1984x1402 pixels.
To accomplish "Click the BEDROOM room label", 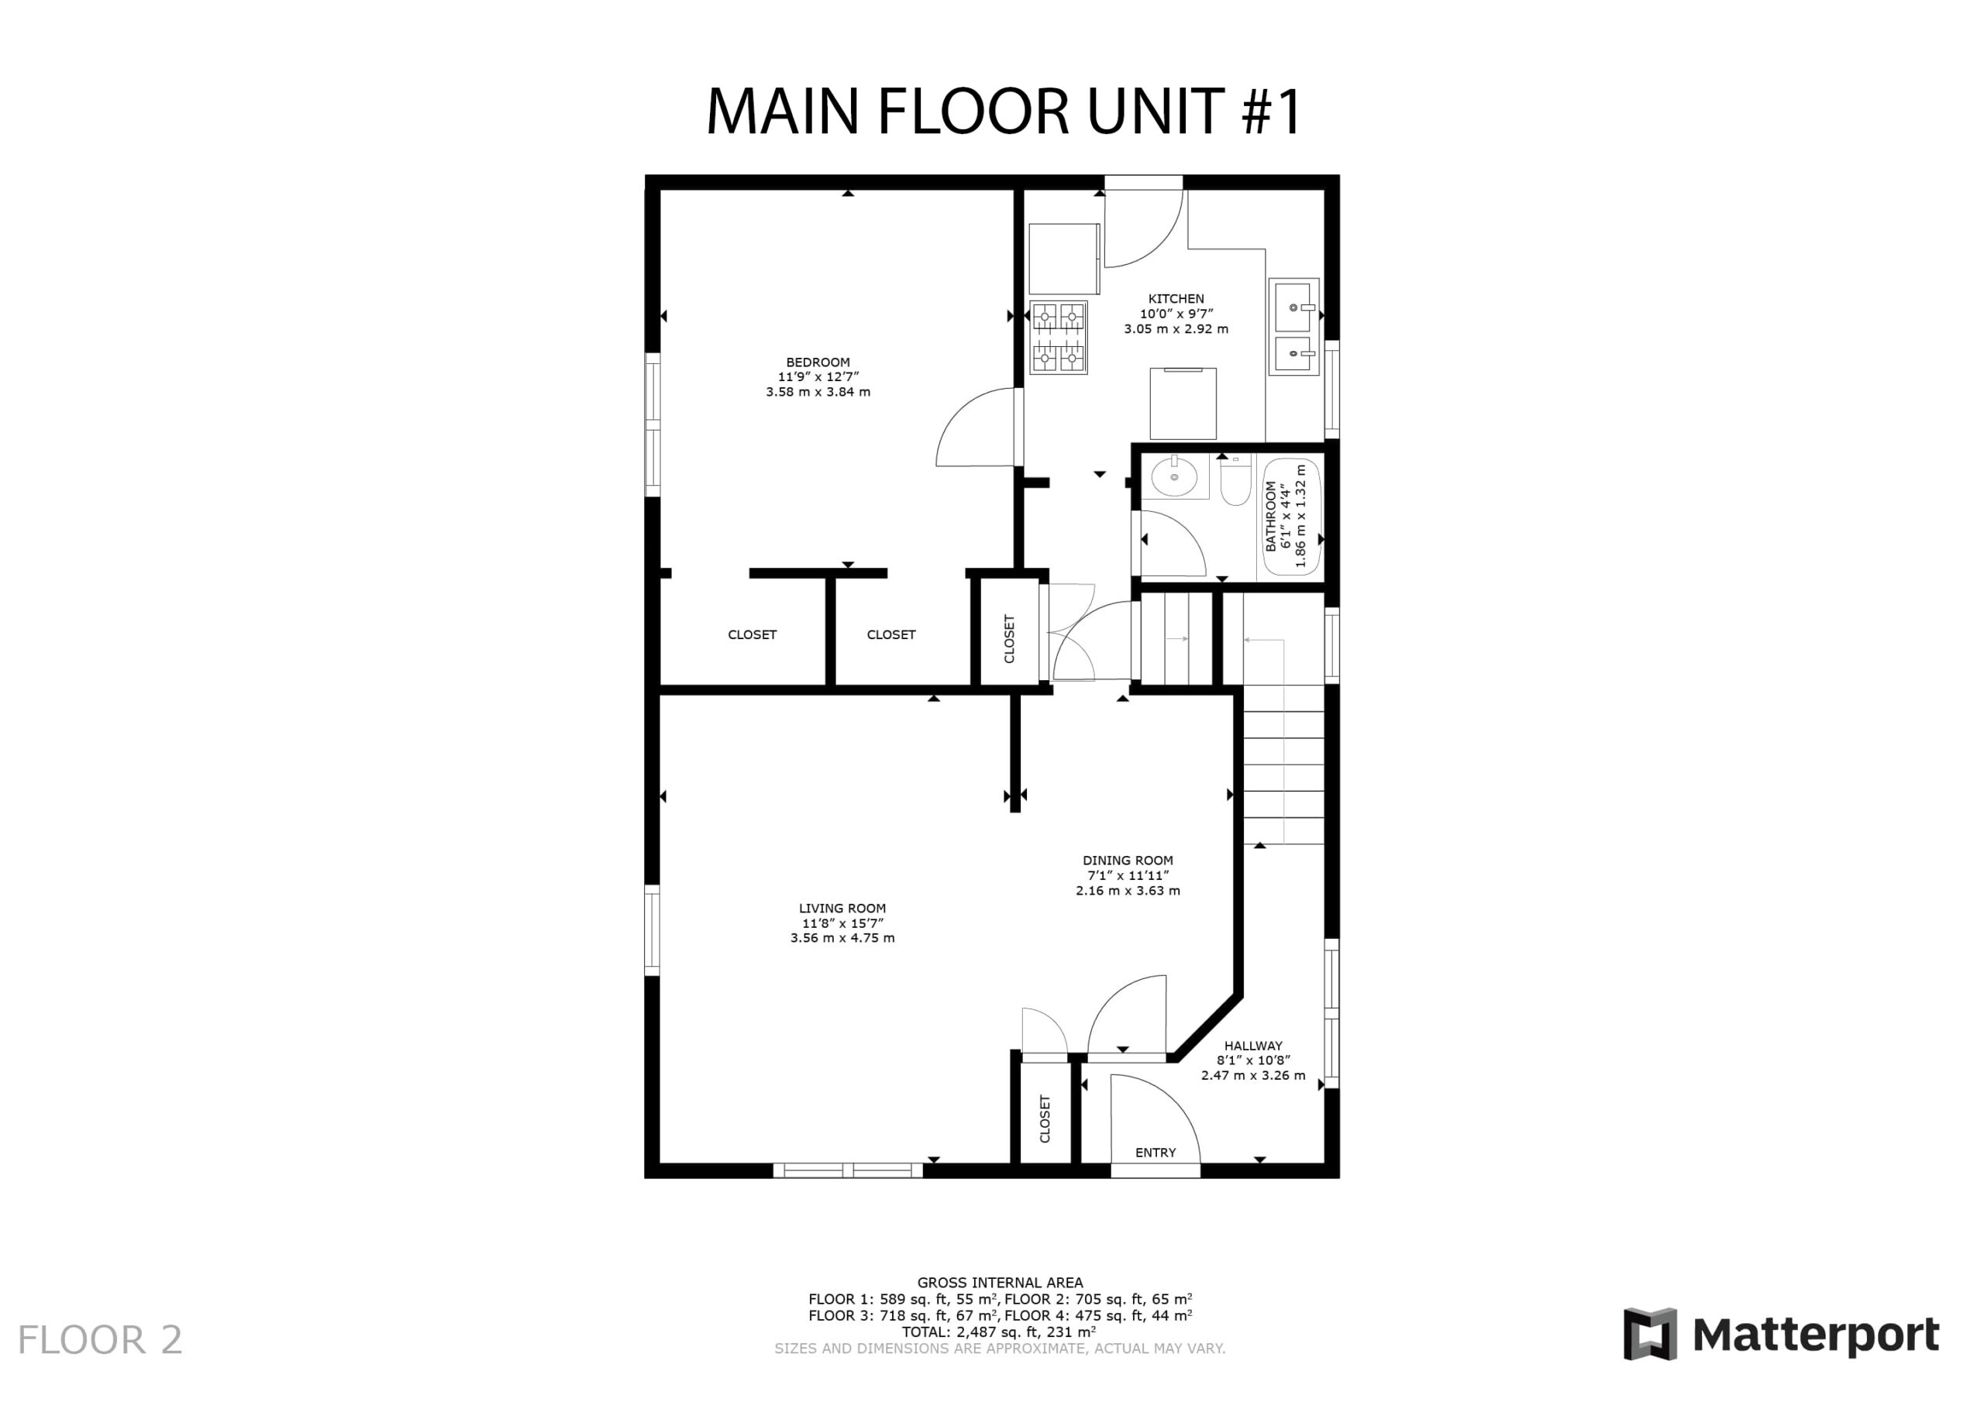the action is [x=818, y=362].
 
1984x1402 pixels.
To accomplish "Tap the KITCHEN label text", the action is [x=1175, y=299].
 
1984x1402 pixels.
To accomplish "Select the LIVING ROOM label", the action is [x=842, y=908].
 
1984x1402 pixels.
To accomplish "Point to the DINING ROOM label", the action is [x=1127, y=861].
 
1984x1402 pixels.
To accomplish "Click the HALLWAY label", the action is [x=1253, y=1045].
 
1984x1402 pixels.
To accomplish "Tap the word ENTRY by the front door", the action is [x=1156, y=1153].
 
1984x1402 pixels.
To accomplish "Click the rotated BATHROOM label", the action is [x=1270, y=516].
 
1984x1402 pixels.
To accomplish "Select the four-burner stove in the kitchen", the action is [x=1058, y=337].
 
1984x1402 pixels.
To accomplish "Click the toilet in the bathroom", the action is [x=1235, y=480].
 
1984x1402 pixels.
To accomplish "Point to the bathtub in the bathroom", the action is [x=1293, y=516].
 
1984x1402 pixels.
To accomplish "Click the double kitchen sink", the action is [x=1293, y=327].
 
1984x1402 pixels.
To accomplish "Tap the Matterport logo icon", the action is [x=1650, y=1335].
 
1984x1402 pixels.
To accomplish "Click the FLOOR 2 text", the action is [x=100, y=1340].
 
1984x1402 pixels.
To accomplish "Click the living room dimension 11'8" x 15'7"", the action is [x=842, y=923].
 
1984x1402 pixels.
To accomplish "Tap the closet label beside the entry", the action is [x=1045, y=1119].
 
